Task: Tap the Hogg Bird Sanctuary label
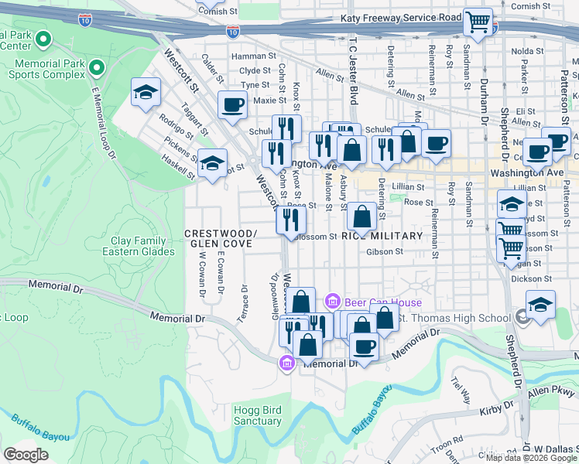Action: point(258,415)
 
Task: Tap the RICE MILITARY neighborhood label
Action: point(382,236)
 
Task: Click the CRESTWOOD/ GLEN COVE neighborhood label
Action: point(220,238)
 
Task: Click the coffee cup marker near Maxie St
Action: point(232,104)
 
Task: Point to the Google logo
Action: point(26,454)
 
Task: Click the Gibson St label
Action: point(386,251)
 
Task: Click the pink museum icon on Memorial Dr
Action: point(287,363)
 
